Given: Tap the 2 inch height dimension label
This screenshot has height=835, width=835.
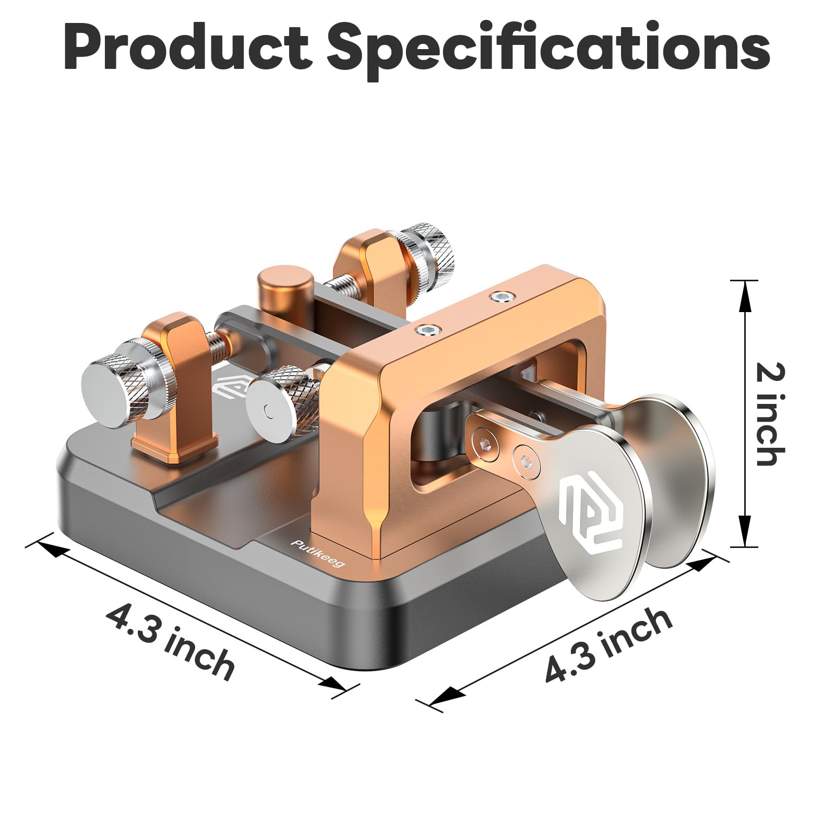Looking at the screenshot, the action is click(x=770, y=413).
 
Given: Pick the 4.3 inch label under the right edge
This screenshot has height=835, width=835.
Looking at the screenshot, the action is click(x=608, y=646).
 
